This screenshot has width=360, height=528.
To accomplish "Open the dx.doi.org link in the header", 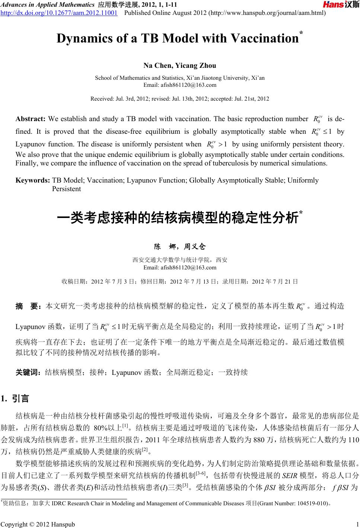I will [59, 13].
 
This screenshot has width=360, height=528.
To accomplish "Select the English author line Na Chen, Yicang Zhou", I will [180, 66].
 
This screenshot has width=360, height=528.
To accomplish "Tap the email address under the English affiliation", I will [180, 85].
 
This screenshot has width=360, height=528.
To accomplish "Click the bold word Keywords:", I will [33, 181].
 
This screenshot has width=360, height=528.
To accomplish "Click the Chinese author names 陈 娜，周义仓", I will [180, 246].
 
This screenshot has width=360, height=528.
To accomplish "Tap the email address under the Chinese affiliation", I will [180, 267].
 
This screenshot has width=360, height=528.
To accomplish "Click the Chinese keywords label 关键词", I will [29, 372].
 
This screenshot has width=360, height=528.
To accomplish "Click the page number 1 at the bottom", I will [357, 524].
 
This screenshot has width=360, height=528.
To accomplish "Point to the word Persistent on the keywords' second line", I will [66, 189].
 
